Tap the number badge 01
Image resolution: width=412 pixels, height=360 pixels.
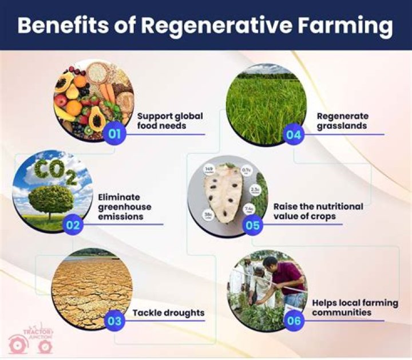click(115, 135)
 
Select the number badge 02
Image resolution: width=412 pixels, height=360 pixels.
click(73, 224)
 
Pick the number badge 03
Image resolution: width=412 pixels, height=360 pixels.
click(115, 321)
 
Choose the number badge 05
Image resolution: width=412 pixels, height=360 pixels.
click(252, 224)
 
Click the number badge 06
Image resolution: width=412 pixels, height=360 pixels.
click(294, 321)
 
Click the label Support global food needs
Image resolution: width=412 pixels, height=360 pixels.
click(170, 120)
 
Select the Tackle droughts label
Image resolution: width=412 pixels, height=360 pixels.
click(168, 313)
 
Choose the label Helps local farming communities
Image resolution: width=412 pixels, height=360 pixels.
click(355, 307)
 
